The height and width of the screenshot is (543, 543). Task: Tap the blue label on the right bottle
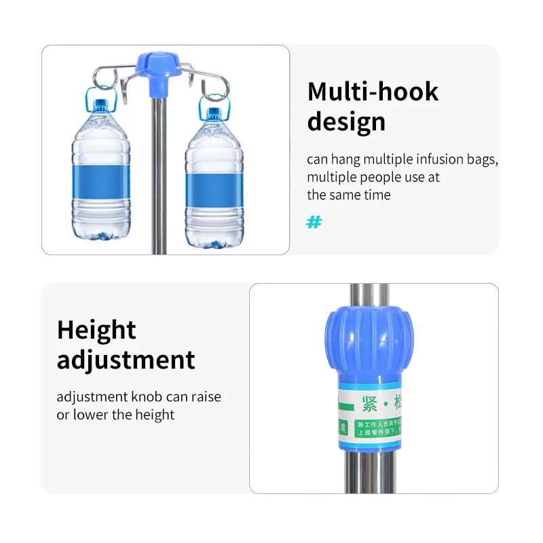click(214, 185)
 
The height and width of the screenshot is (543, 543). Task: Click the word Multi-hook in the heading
click(373, 92)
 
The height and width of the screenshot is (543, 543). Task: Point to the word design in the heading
click(346, 122)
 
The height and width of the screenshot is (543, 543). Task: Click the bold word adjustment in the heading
click(126, 360)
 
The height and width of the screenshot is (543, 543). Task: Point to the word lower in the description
click(92, 415)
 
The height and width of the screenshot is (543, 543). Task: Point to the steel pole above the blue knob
click(367, 295)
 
